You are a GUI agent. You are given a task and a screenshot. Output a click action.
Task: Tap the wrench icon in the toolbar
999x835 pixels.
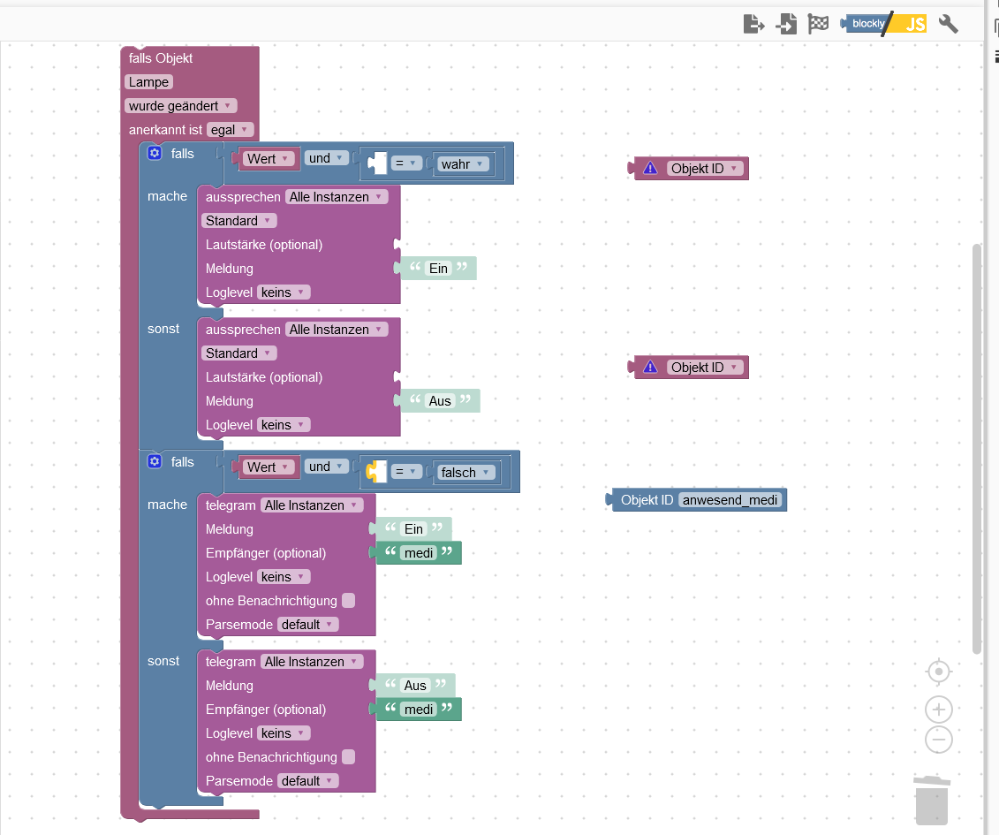[948, 24]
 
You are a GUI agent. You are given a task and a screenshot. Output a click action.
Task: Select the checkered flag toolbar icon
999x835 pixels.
[818, 24]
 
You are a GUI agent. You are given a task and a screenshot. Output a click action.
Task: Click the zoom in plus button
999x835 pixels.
[939, 709]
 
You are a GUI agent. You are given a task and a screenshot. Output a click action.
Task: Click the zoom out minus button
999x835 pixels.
[939, 740]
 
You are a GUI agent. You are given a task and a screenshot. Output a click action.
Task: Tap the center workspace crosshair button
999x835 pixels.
[939, 672]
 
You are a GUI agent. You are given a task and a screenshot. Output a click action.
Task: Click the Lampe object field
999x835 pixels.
[148, 82]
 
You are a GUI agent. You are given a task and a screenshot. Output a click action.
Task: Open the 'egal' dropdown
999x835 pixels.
[230, 130]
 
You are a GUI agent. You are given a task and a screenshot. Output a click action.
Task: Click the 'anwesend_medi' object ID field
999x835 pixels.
[730, 500]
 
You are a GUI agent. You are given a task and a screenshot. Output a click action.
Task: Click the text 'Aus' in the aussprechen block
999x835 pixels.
[440, 401]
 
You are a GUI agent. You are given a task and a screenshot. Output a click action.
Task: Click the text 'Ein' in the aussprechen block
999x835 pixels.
[438, 269]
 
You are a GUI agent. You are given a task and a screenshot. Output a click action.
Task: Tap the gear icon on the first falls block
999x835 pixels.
[155, 154]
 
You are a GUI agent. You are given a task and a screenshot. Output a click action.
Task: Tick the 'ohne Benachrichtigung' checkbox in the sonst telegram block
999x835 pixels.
[348, 757]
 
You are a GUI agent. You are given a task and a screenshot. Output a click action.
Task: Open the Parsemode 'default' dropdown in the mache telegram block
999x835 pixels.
[307, 625]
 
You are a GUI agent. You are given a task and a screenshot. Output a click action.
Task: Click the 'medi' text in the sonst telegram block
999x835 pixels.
[419, 710]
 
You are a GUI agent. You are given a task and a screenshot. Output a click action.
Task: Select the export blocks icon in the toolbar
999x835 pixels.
[753, 24]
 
